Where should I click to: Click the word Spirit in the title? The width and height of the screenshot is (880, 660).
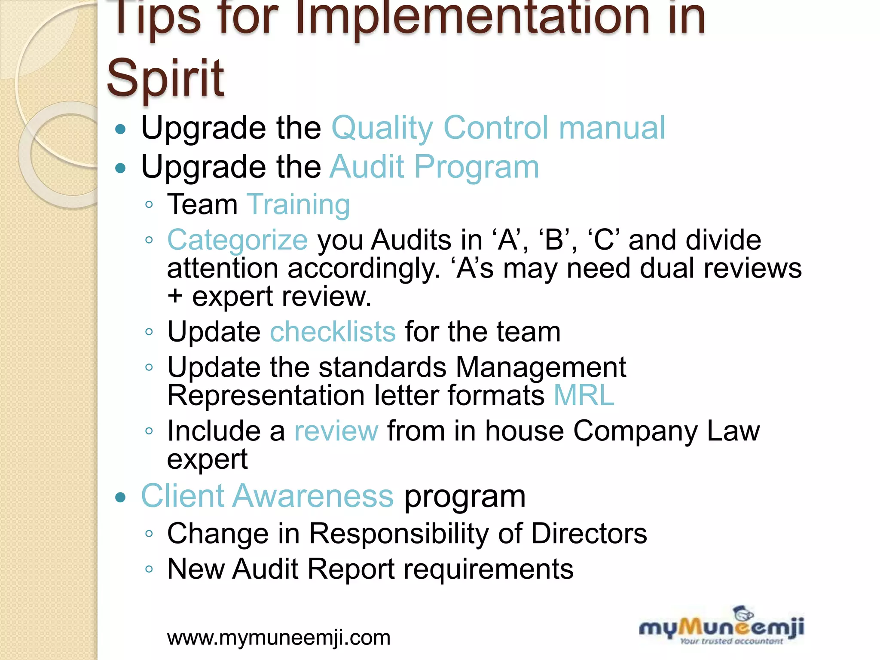[165, 79]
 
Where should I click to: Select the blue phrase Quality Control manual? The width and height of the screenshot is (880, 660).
[498, 128]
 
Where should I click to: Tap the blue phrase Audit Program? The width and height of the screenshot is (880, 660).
[434, 167]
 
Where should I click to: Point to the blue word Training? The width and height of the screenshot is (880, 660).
[298, 204]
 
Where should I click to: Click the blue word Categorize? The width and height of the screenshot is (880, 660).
[237, 240]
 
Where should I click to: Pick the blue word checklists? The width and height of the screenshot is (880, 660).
[333, 332]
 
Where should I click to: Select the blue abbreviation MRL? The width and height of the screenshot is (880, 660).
[584, 395]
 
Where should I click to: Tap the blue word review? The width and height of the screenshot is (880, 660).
[336, 431]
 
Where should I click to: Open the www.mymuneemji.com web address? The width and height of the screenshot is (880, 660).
[279, 638]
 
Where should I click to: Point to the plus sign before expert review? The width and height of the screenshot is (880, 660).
[175, 296]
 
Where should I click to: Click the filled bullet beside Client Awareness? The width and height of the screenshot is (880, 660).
[121, 498]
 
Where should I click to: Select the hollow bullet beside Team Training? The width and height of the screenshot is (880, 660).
[149, 205]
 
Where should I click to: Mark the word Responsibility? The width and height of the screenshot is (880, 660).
[399, 534]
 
